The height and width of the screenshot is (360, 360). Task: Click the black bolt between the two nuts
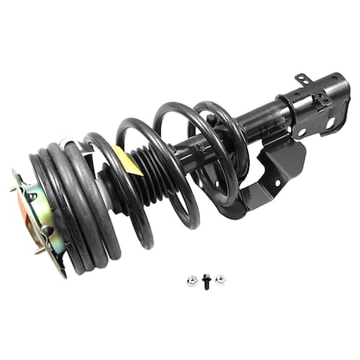coord(206,281)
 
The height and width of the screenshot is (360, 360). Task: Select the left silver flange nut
coord(193,280)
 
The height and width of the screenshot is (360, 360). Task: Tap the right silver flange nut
coord(220,279)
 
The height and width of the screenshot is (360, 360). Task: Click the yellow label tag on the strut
coord(128,160)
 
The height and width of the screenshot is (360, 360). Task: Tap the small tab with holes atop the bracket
coord(304,79)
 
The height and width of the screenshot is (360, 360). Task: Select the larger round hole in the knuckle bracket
coord(329,122)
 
